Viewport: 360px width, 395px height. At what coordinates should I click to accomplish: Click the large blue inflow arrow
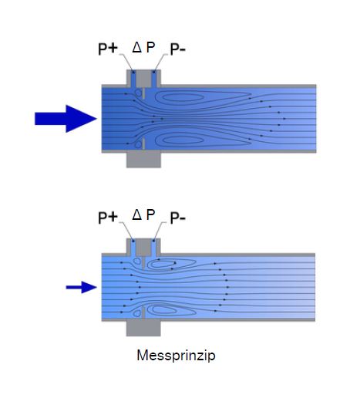66,119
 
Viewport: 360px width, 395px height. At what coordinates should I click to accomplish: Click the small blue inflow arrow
82,287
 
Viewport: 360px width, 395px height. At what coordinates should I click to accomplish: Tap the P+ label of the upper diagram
108,49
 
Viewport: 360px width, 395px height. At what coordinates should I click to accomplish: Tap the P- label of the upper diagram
178,49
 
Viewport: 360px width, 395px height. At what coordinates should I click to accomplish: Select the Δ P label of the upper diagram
143,47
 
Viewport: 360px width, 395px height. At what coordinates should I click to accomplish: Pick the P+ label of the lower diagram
108,218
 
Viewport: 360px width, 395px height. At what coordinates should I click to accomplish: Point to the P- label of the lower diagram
178,218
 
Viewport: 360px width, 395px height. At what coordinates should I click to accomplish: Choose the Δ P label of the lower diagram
143,214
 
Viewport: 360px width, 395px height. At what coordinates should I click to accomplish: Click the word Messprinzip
176,356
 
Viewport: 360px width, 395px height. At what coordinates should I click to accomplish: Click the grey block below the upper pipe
143,160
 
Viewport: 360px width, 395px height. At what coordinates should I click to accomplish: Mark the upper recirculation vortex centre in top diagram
182,97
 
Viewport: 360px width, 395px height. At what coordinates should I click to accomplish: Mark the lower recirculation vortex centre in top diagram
182,140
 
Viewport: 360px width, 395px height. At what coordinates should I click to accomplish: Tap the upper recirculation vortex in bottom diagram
163,264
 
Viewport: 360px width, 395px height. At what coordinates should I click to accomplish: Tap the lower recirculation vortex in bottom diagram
163,310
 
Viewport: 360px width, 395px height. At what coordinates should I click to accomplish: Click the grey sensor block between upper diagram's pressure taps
143,79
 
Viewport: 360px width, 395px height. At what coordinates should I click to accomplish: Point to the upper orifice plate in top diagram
143,93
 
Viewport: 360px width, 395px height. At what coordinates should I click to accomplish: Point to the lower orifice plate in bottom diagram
143,312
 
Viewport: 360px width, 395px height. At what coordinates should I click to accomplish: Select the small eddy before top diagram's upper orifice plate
138,93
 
